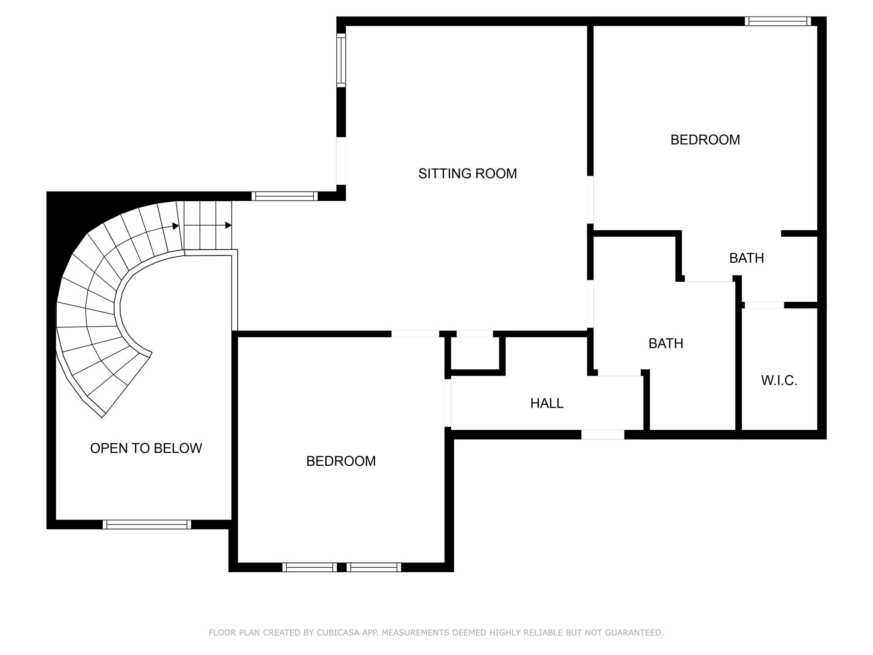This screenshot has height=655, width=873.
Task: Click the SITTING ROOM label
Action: (467, 174)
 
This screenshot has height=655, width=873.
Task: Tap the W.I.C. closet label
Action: (779, 380)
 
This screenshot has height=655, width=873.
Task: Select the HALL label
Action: (546, 403)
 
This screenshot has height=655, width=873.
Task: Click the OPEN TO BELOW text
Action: (146, 448)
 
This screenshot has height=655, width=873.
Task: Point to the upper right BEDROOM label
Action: (705, 140)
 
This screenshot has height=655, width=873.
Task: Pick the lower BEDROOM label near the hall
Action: (341, 461)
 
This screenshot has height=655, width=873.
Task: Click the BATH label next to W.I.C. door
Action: (746, 258)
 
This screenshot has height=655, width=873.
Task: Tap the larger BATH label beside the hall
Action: (665, 343)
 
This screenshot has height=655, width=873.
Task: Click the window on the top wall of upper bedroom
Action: (778, 21)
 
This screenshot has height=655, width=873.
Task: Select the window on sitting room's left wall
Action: (341, 60)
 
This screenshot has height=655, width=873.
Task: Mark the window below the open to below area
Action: (147, 525)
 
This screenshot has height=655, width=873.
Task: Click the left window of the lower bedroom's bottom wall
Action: (309, 567)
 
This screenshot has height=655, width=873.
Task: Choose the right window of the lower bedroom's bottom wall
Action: (374, 567)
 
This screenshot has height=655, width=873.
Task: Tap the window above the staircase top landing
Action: (284, 196)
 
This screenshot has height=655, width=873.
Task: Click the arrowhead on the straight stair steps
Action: (228, 225)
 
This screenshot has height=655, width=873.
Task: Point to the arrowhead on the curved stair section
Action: (176, 226)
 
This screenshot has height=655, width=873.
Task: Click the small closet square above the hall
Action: (474, 353)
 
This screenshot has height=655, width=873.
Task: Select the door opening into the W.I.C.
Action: (764, 305)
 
